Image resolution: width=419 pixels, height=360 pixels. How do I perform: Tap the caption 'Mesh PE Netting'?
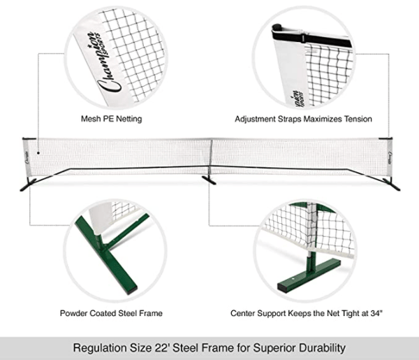tap(111, 120)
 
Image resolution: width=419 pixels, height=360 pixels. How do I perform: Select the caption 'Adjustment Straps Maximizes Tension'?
tap(302, 120)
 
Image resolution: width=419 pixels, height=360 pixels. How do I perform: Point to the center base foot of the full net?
tap(209, 180)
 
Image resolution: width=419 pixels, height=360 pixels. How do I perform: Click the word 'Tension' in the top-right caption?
tap(357, 120)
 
